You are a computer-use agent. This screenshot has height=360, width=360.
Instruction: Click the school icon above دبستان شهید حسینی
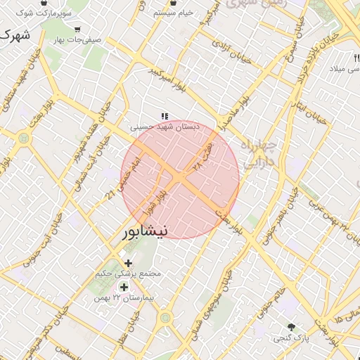165,116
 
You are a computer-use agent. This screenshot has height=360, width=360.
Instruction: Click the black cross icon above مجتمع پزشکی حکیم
128,263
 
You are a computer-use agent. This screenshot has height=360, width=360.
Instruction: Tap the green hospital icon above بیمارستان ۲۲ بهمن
124,287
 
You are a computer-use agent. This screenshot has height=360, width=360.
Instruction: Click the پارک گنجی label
292,338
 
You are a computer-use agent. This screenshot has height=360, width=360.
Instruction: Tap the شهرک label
16,34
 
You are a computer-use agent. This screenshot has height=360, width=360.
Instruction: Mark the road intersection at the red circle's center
181,179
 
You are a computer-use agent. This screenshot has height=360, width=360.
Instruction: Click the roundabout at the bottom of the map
165,319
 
